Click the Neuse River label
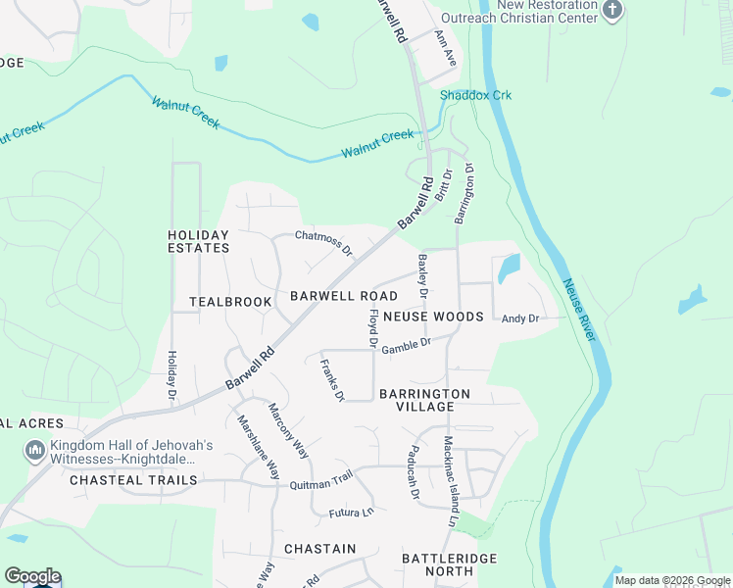click(580, 311)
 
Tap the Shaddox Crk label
click(475, 95)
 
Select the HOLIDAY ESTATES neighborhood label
click(198, 241)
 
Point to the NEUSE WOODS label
click(433, 317)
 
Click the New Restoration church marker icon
click(613, 11)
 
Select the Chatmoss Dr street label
click(324, 242)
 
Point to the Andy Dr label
click(520, 318)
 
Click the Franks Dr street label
click(333, 381)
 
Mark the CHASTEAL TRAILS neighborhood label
click(133, 480)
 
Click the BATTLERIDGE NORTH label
click(450, 565)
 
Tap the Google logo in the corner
click(32, 576)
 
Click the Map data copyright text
click(672, 580)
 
